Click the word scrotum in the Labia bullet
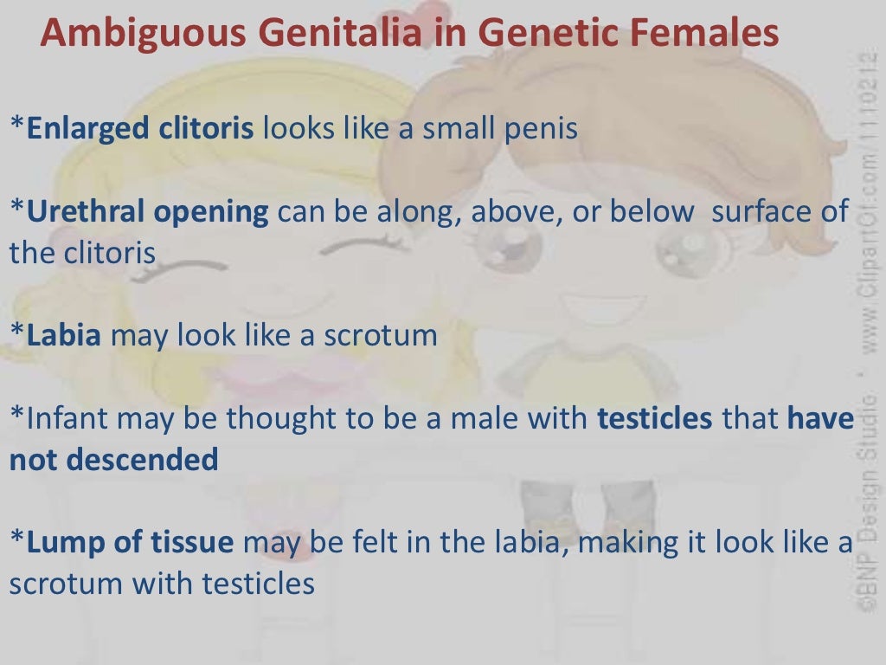381,335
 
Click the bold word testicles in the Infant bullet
655,419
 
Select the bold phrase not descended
113,460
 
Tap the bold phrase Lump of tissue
130,543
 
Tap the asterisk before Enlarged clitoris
17,126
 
